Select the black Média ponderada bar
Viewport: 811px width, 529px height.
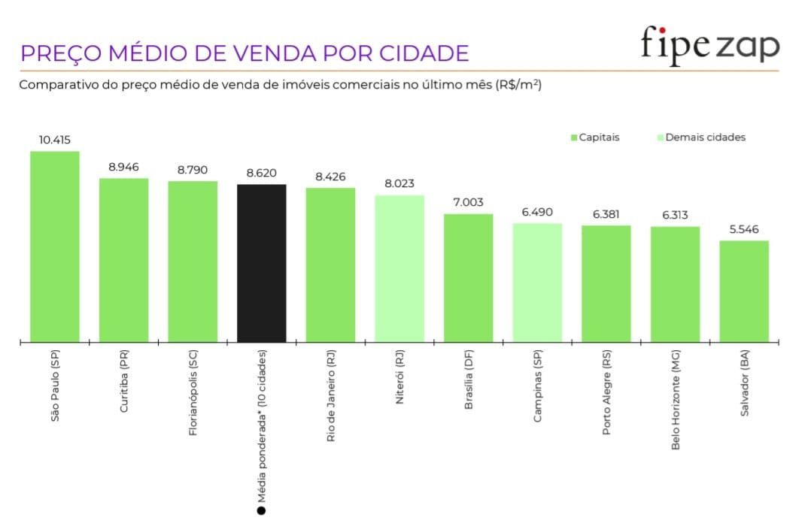261,263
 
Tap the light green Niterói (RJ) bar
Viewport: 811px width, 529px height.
399,268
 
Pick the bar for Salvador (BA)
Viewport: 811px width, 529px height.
744,292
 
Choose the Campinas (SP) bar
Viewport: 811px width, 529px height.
537,283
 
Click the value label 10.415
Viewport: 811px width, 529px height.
55,140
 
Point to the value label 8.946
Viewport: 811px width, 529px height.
123,167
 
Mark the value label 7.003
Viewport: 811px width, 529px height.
468,202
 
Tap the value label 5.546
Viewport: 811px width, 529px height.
744,229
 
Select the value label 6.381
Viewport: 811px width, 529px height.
606,214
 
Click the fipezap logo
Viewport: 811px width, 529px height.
709,45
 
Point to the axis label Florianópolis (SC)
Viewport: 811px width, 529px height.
193,394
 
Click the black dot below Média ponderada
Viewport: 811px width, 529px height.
261,511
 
